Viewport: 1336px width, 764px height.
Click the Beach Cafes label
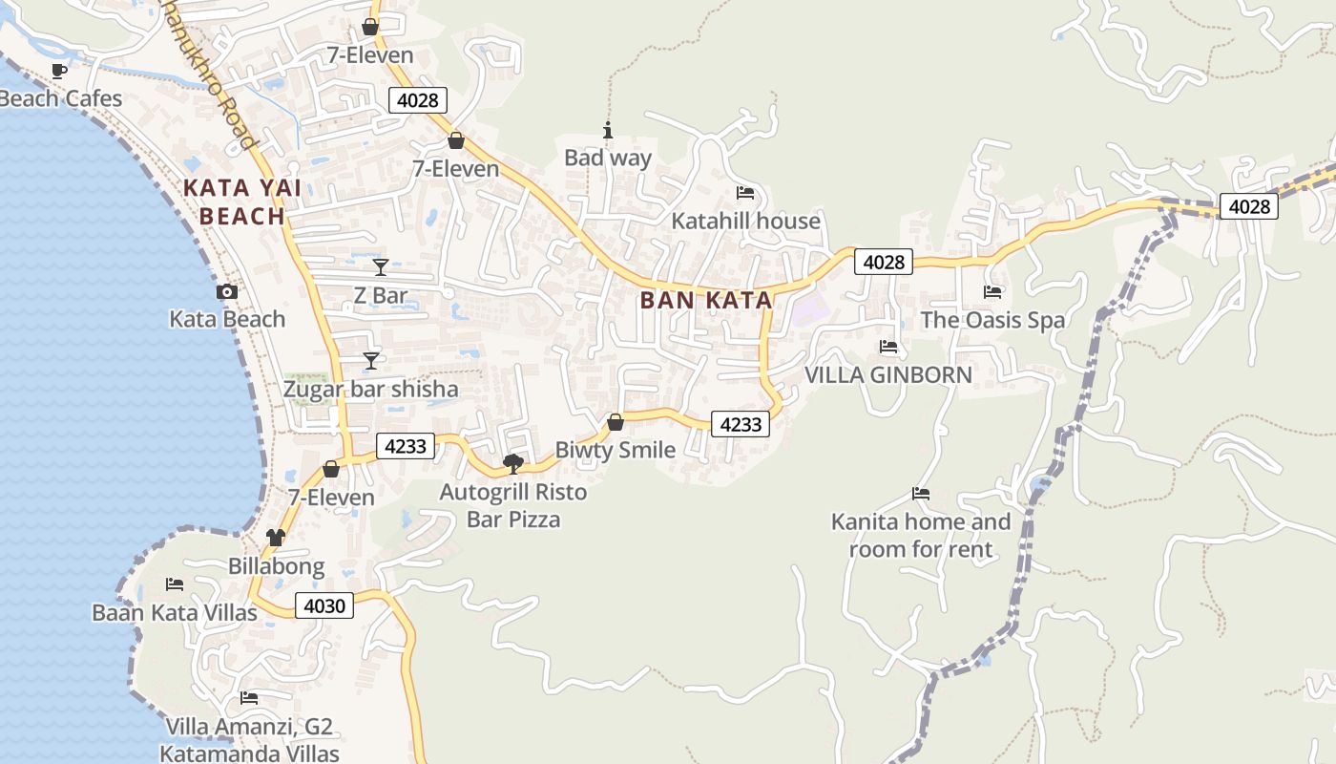point(61,98)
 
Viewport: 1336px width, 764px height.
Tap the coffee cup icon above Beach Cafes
point(59,71)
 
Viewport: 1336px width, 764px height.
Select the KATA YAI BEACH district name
point(242,202)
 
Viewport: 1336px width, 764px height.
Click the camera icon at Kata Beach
point(227,292)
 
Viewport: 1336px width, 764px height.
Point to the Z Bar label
point(380,296)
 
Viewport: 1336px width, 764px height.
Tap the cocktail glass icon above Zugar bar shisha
point(371,361)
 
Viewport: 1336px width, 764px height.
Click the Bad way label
point(608,158)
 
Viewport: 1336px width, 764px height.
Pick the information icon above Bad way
point(608,130)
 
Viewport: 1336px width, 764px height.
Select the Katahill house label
point(745,221)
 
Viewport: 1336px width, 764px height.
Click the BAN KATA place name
point(706,300)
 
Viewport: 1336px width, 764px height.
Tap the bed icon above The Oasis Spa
point(992,292)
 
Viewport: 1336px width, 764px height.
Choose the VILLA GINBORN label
point(888,374)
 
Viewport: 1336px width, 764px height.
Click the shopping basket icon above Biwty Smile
point(616,422)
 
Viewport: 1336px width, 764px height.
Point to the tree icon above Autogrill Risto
point(513,464)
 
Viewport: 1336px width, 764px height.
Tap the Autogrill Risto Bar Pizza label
point(513,506)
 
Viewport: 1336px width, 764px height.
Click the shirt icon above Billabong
point(276,538)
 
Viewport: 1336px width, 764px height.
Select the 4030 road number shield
point(324,605)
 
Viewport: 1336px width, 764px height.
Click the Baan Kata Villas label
point(175,612)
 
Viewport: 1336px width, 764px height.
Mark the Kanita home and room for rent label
point(921,535)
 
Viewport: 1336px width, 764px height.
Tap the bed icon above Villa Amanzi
point(249,698)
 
